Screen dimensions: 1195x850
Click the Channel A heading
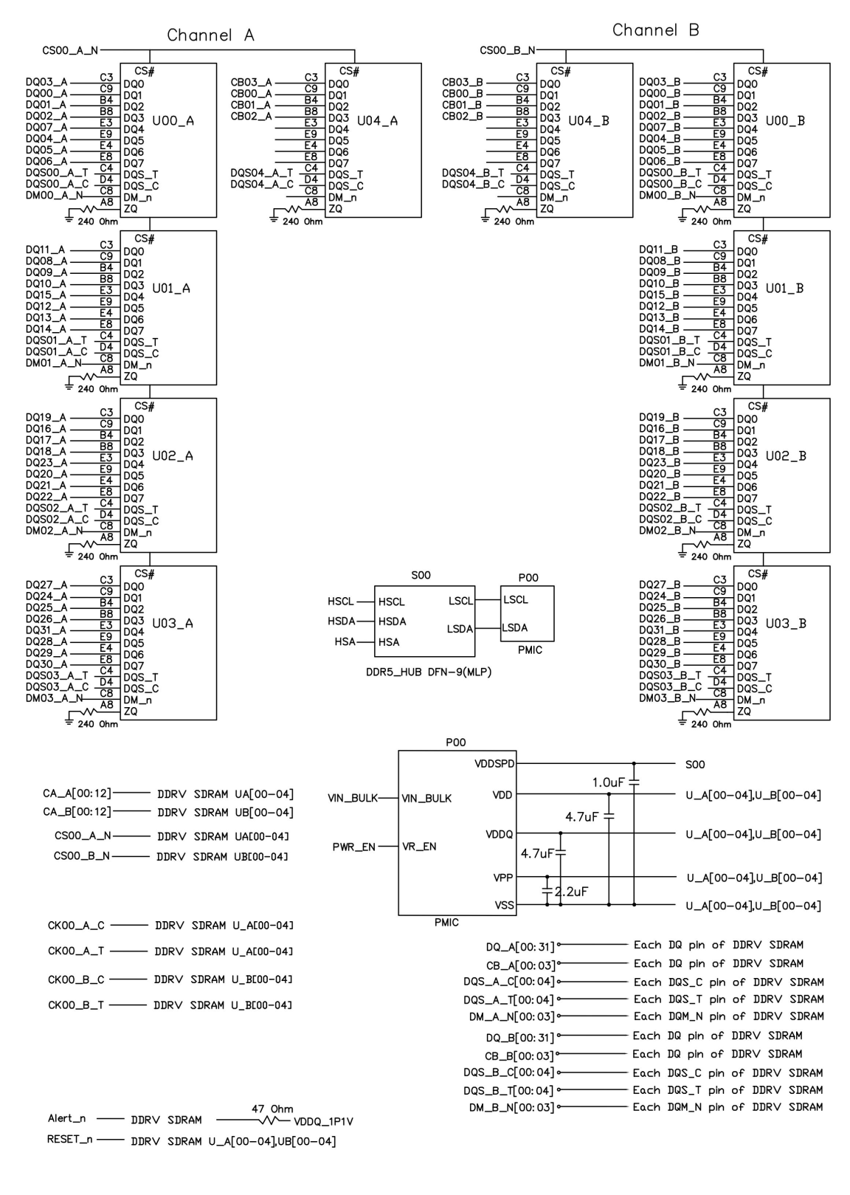click(x=210, y=35)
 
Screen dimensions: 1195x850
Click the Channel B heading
click(x=655, y=31)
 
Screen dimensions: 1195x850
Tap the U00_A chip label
click(x=173, y=120)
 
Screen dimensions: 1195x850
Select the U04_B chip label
click(x=589, y=120)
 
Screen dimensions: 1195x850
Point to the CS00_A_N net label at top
click(x=70, y=50)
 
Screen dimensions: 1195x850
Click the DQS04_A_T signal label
click(x=261, y=173)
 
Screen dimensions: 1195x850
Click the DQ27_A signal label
click(x=46, y=585)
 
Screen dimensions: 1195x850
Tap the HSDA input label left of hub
click(x=341, y=621)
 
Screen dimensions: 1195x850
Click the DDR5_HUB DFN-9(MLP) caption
click(x=428, y=672)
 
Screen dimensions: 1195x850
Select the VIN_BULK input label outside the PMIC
click(x=353, y=798)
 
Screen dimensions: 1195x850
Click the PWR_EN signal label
click(x=353, y=847)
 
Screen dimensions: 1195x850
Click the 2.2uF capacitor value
click(x=572, y=892)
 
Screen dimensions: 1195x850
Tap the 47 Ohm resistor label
click(x=272, y=1109)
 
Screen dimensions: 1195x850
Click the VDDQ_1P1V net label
click(x=323, y=1121)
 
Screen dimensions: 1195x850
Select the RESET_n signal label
click(x=70, y=1140)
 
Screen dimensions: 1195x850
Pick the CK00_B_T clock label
click(x=76, y=1005)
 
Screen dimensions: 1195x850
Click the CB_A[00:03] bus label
click(x=519, y=963)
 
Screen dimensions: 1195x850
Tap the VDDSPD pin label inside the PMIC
click(x=494, y=764)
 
